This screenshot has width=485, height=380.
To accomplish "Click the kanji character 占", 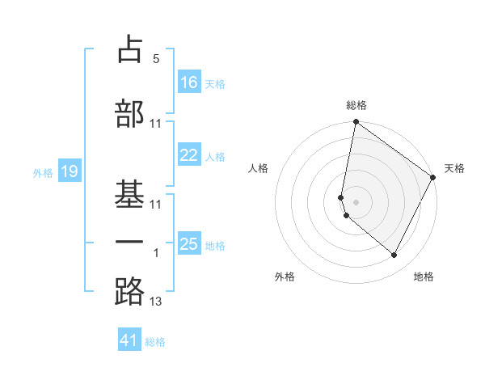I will tap(129, 50).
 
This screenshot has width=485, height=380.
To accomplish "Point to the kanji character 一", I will tap(129, 243).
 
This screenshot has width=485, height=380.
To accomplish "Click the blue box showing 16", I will tap(189, 82).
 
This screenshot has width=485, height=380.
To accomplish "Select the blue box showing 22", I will tap(189, 155).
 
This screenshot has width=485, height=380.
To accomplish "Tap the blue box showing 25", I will tap(189, 244).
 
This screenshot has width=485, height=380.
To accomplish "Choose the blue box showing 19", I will tap(69, 171).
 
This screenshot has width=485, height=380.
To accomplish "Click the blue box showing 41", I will tap(129, 340).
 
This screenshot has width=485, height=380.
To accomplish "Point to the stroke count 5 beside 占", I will tap(156, 59).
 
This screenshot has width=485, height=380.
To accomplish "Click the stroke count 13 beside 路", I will tap(156, 302).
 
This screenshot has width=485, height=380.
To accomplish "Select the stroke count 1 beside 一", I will tap(156, 253).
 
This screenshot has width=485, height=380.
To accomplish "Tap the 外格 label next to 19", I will tap(42, 172).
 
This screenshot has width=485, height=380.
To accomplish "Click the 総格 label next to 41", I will tap(155, 342).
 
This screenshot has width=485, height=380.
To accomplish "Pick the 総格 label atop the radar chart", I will tap(356, 105).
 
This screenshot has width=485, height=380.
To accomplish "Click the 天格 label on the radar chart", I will tap(454, 168).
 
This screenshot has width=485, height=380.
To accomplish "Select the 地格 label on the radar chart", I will tap(424, 277).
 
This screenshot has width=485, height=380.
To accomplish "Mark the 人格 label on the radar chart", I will tap(259, 168).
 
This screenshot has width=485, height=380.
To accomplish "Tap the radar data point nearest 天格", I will tap(433, 177).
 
